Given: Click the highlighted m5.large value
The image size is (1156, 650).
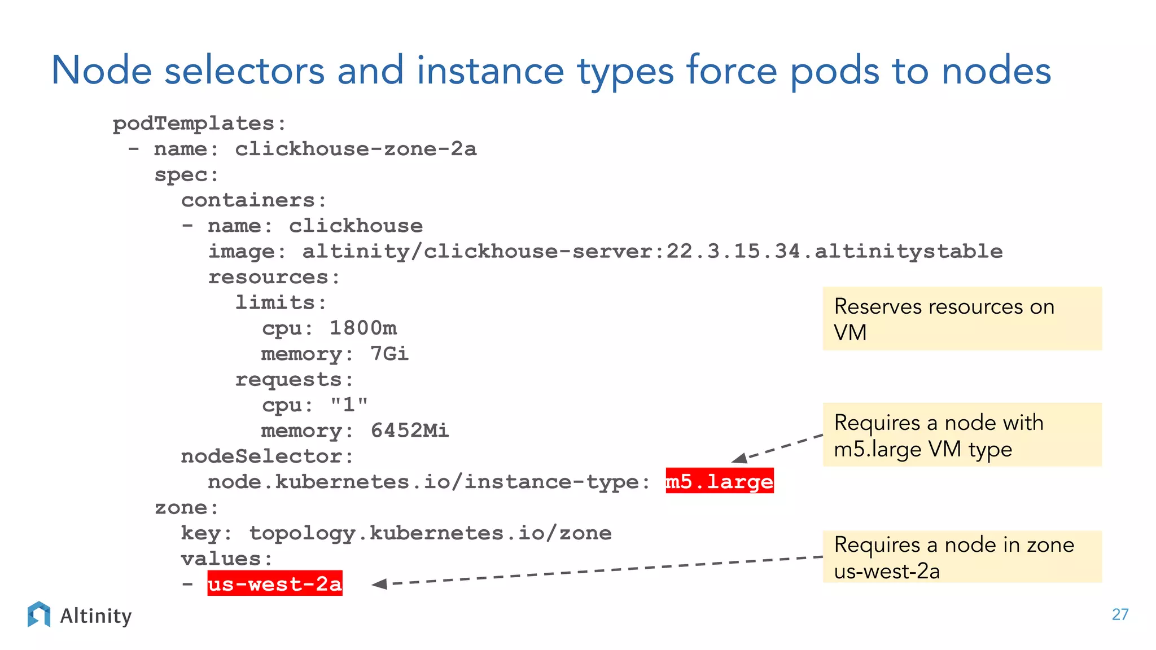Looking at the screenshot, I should [x=719, y=481].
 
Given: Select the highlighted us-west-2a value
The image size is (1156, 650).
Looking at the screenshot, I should [x=275, y=583].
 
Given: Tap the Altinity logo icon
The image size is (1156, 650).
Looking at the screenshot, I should [x=39, y=614].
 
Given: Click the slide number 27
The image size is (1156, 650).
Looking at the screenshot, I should [x=1120, y=614].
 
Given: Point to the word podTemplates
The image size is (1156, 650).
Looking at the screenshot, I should [x=194, y=124].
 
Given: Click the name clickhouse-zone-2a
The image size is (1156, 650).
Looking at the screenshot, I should [x=356, y=149].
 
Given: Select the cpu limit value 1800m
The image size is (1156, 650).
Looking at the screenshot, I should [x=363, y=328].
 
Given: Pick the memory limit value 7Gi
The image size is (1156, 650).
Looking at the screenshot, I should [x=389, y=354].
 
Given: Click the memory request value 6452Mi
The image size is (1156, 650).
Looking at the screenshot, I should [x=410, y=431].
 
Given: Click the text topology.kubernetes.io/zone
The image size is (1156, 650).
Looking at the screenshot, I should [x=430, y=533].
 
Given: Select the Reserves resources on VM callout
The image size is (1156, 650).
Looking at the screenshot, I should [x=962, y=319].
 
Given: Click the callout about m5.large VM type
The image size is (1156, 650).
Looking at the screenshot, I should [x=962, y=435].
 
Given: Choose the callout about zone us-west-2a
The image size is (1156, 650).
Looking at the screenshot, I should [x=962, y=557].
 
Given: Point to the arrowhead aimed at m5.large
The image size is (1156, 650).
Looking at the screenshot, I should [x=739, y=458].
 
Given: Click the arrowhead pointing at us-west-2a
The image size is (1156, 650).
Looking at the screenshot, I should [x=379, y=584].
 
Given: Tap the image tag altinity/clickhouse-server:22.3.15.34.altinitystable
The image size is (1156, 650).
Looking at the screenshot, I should [x=652, y=251].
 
